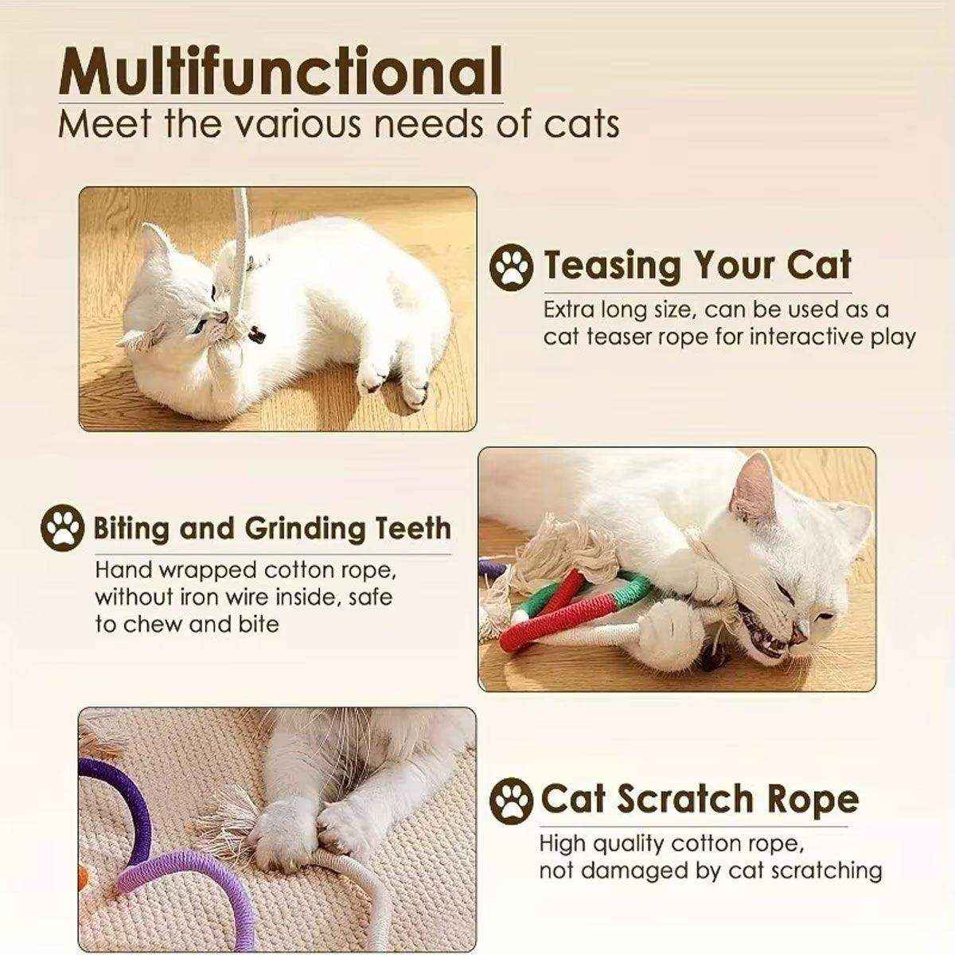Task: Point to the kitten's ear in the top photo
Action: (154, 243)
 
